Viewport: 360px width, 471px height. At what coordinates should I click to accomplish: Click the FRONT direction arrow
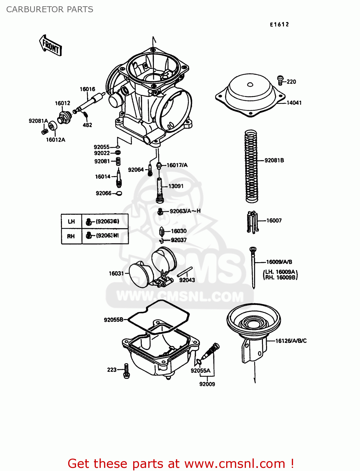[51, 46]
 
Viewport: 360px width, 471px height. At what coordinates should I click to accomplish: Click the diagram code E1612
[279, 24]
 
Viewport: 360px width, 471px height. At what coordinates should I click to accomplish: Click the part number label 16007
[274, 220]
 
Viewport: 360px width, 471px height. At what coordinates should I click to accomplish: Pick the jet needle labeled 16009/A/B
[253, 267]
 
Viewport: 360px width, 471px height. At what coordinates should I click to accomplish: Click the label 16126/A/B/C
[291, 341]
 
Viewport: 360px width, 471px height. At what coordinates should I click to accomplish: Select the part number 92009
[207, 384]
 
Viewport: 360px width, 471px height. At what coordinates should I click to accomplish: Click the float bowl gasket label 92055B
[114, 320]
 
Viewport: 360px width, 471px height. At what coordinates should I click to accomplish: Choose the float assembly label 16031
[116, 273]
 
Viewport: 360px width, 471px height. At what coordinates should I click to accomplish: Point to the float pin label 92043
[187, 280]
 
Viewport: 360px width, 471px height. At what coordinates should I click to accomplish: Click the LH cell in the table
[71, 221]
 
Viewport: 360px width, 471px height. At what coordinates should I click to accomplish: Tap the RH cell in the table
[71, 236]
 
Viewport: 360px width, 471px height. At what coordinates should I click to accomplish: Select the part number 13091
[176, 186]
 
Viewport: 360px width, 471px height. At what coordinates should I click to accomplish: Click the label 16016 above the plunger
[87, 89]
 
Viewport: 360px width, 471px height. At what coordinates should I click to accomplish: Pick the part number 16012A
[56, 140]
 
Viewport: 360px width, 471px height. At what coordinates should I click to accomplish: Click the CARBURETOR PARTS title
[50, 9]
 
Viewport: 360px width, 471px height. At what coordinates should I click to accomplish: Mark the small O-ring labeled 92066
[119, 193]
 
